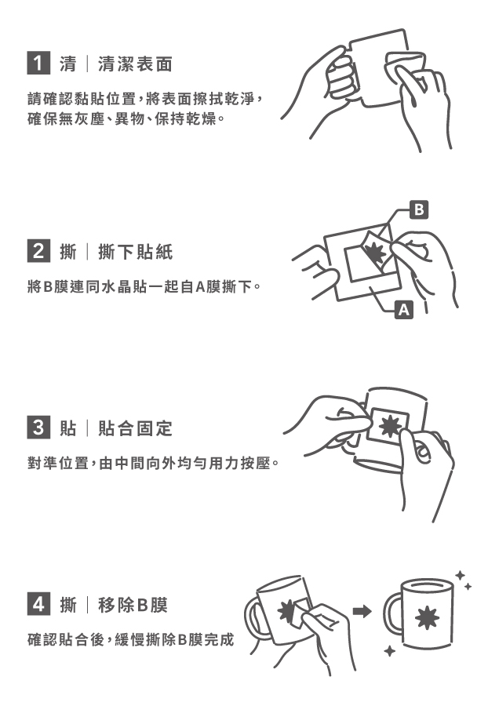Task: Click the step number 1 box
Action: [38, 63]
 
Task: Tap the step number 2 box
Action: [38, 251]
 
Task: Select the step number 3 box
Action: [38, 428]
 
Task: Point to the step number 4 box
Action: [38, 604]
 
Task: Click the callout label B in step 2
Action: [419, 209]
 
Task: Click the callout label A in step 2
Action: [404, 310]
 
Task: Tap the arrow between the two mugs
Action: [362, 611]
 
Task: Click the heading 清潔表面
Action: [136, 64]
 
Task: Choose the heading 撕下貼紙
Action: [136, 251]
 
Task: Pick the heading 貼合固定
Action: [136, 428]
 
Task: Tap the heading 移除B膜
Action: [133, 604]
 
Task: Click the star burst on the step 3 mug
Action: [389, 425]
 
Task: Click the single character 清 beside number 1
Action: [68, 64]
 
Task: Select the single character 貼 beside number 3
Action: [68, 428]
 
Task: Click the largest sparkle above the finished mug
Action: [460, 576]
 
